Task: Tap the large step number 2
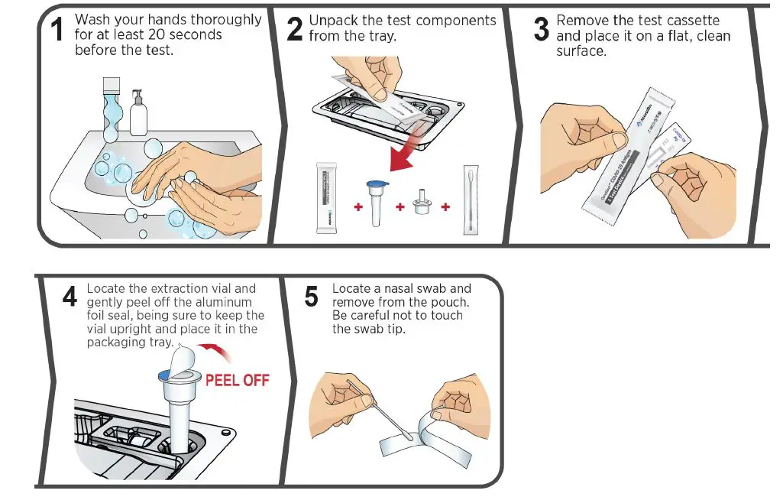[295, 31]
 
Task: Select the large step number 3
[542, 31]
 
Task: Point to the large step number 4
[70, 297]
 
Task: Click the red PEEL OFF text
[238, 380]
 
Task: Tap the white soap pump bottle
[138, 115]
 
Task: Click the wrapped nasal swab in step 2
[471, 200]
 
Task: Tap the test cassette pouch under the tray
[327, 199]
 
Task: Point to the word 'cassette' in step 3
[693, 21]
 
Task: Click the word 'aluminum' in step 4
[226, 302]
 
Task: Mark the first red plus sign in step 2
[358, 207]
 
